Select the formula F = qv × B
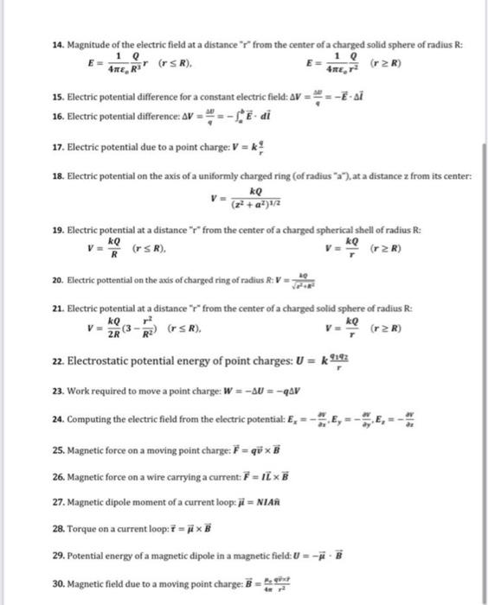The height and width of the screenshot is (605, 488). pyautogui.click(x=246, y=450)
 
